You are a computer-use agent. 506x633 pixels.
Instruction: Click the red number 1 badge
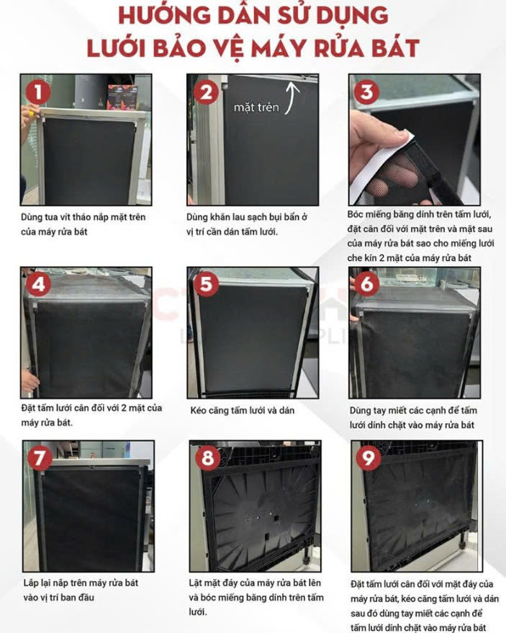(x=38, y=92)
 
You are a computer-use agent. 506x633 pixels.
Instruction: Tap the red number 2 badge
(x=206, y=92)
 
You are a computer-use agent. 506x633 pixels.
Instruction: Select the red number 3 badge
(x=366, y=92)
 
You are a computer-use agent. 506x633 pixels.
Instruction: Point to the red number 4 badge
(x=38, y=285)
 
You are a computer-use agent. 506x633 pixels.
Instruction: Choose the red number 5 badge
(x=206, y=285)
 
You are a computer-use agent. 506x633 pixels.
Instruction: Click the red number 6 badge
(x=366, y=285)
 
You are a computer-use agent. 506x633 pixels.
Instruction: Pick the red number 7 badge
(x=40, y=459)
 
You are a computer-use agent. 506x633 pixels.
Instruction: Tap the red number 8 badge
(x=207, y=459)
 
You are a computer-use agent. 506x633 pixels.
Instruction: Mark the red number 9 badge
(x=368, y=459)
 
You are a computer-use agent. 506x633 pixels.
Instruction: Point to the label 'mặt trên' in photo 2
(x=256, y=107)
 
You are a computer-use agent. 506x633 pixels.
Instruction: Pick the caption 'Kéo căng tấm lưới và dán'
(x=243, y=410)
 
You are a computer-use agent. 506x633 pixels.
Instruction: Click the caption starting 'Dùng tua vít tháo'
(x=83, y=224)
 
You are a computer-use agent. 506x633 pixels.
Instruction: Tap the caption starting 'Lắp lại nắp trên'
(x=81, y=590)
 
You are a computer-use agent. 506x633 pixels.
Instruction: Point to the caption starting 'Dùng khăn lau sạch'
(x=247, y=224)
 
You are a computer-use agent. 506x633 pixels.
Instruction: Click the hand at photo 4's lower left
(x=30, y=381)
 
